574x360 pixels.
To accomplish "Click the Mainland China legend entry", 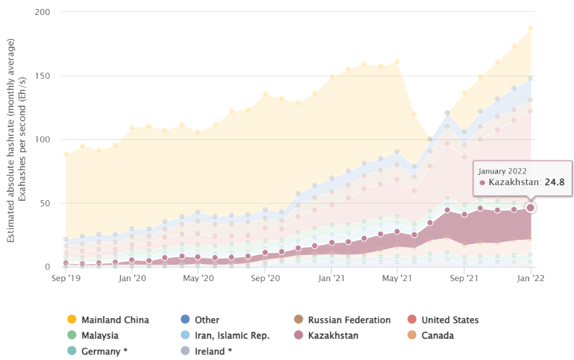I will [x=115, y=320].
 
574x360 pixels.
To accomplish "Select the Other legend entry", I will [x=206, y=320].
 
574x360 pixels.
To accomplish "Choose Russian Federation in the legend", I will [x=348, y=320].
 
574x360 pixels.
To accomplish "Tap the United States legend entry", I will [x=450, y=320].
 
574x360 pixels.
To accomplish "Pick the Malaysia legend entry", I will [x=99, y=335].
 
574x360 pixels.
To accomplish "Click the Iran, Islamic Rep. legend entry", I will [x=232, y=335].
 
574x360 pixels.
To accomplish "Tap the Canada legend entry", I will [x=438, y=335].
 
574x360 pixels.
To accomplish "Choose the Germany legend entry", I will [x=104, y=351].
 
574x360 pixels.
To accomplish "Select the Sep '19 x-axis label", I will [x=66, y=279].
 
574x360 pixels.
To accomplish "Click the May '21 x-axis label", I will [x=396, y=279].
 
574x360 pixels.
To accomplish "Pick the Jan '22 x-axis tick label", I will [x=530, y=279].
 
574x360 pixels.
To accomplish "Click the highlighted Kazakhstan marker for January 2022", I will [x=530, y=208].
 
